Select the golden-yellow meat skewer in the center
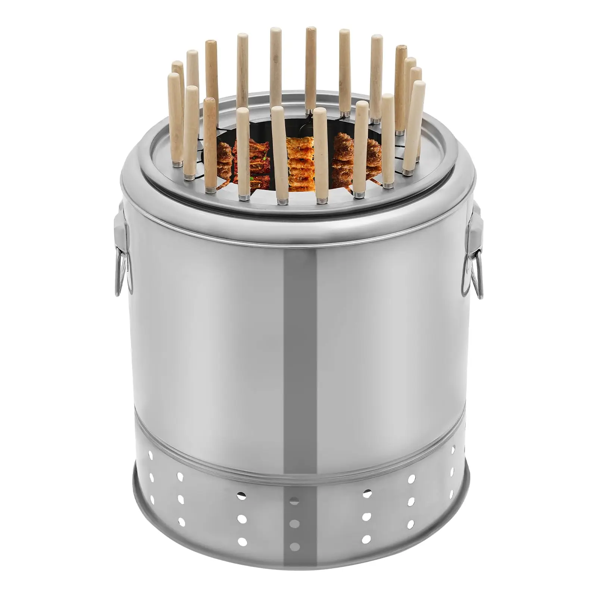click(x=300, y=164)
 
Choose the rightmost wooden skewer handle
click(x=415, y=119)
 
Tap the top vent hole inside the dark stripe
click(x=294, y=501)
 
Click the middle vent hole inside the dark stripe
click(x=294, y=523)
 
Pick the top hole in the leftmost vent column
click(x=150, y=455)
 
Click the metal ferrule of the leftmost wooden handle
click(x=178, y=164)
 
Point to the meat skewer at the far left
click(x=224, y=160)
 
